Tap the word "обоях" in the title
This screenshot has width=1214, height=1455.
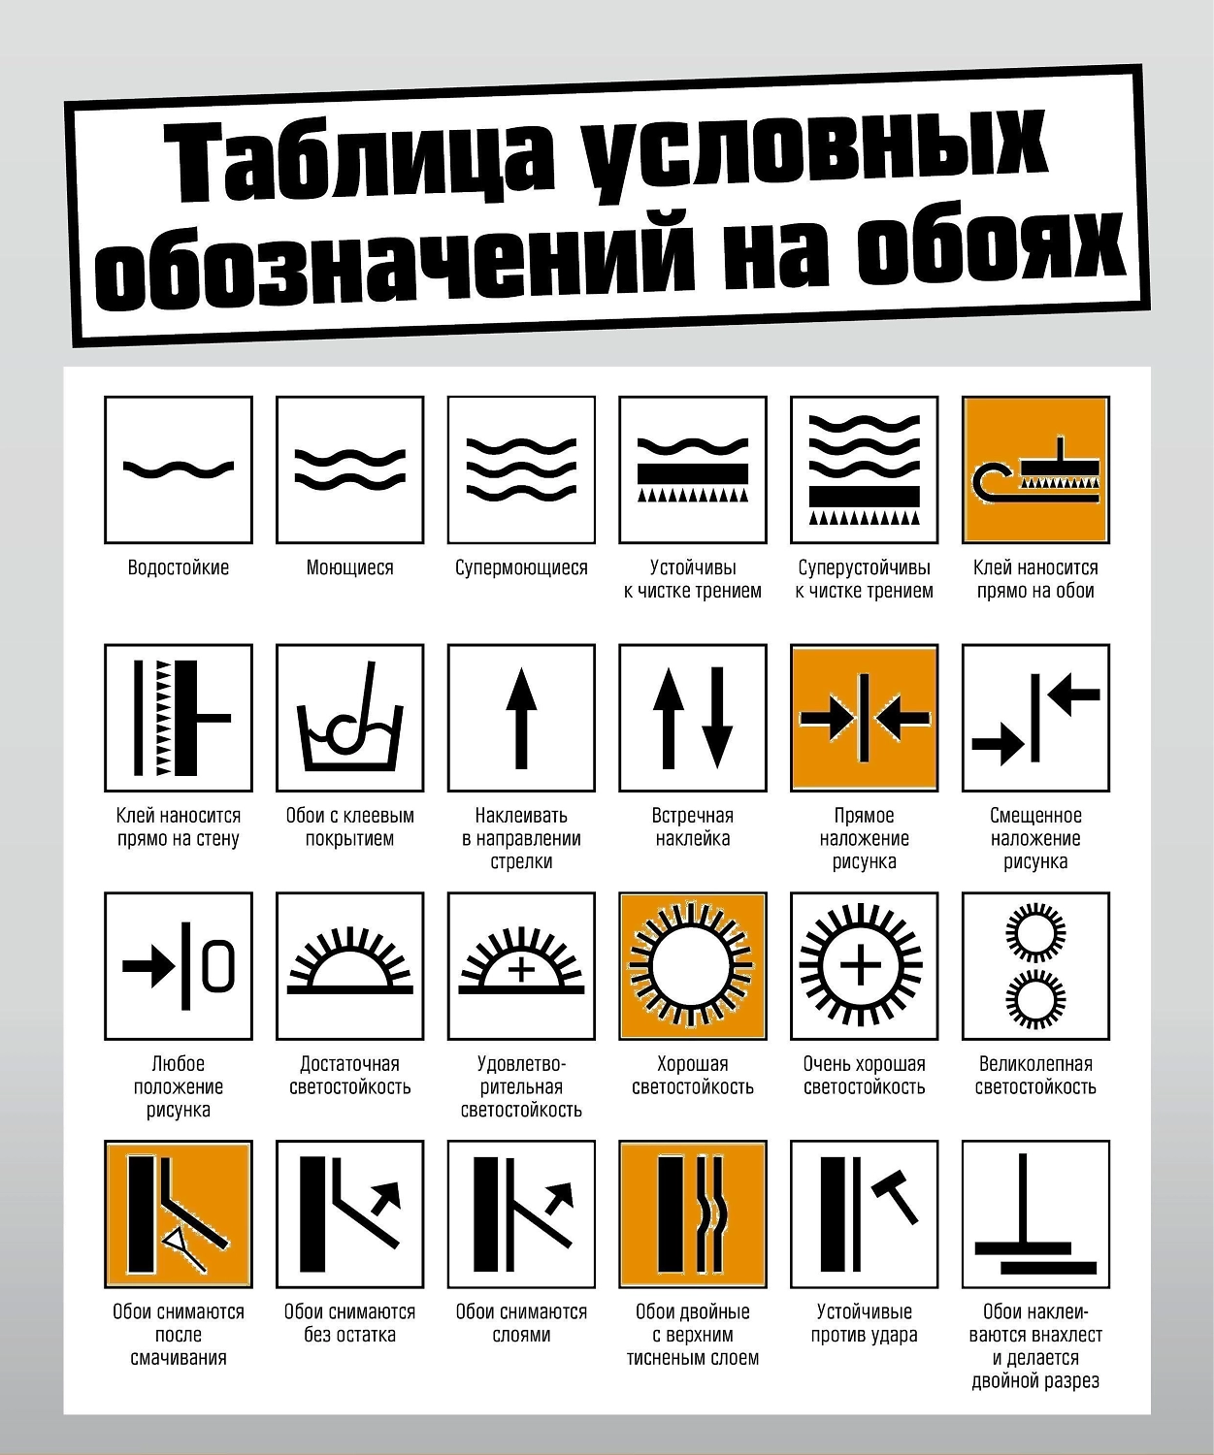tap(991, 248)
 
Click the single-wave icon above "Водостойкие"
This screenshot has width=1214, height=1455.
tap(179, 469)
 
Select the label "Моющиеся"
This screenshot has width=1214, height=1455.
tap(350, 567)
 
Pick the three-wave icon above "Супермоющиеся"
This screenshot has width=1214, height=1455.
tap(521, 469)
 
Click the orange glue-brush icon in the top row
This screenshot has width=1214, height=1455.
tap(1035, 469)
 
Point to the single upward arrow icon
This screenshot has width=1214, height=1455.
tap(521, 718)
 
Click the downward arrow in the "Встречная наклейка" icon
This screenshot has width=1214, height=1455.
tap(717, 718)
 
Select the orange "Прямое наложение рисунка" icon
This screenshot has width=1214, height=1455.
tap(864, 718)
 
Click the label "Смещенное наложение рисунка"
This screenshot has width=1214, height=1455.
tap(1035, 838)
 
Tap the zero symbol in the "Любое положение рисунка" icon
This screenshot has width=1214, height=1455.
tap(218, 966)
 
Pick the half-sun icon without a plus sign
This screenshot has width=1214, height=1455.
tap(350, 961)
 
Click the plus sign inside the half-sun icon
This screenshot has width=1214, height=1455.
tap(521, 969)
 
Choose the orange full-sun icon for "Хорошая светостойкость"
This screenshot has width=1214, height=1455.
tap(693, 966)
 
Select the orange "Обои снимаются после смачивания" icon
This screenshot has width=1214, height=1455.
tap(179, 1213)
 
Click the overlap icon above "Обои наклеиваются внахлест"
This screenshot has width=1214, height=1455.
tap(1035, 1213)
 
